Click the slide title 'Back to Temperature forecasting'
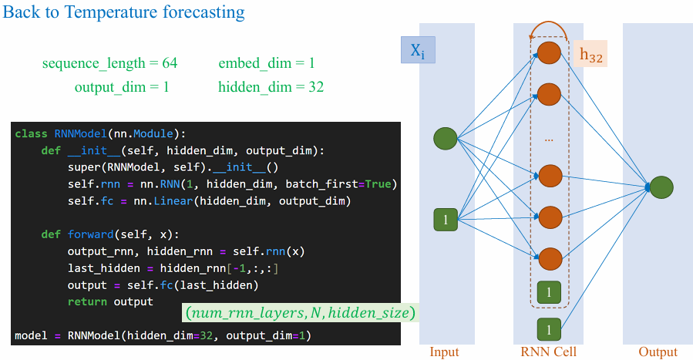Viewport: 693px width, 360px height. click(124, 12)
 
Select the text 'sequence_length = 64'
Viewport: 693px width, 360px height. click(109, 63)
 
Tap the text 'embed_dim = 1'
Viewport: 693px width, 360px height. click(267, 63)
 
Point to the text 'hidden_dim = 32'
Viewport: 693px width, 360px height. click(271, 87)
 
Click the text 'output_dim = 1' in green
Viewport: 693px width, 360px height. click(122, 87)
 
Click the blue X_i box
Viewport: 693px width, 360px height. click(418, 50)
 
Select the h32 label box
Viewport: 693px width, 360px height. click(590, 54)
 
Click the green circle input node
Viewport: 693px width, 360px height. click(445, 139)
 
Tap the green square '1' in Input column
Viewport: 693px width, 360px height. click(446, 220)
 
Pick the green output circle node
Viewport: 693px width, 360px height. click(661, 187)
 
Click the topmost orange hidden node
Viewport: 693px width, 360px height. click(549, 52)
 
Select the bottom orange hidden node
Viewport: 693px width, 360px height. click(550, 258)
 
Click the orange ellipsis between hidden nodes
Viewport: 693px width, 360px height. click(549, 140)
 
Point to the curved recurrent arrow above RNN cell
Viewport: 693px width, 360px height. click(549, 22)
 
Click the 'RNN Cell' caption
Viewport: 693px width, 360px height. click(549, 352)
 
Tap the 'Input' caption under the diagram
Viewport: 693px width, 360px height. click(444, 352)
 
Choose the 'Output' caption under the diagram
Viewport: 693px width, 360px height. click(658, 352)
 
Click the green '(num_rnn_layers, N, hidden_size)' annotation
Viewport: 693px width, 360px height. click(301, 313)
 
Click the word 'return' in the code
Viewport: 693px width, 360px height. click(87, 301)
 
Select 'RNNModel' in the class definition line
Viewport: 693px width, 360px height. click(80, 133)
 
